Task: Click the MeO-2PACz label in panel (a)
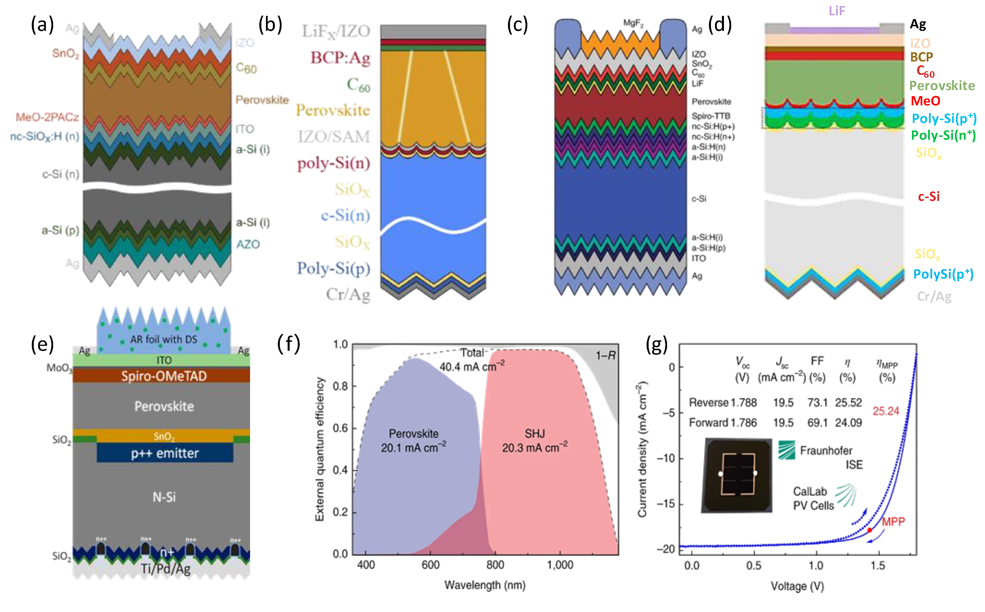(47, 117)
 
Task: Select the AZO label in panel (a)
(248, 245)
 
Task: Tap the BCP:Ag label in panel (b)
(340, 58)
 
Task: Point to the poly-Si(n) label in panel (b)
(334, 163)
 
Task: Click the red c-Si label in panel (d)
(929, 197)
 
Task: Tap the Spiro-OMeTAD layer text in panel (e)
(164, 376)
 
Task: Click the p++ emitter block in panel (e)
(165, 453)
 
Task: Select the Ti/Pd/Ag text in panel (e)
(165, 569)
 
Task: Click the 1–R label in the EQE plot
(605, 356)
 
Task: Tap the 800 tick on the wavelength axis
(495, 565)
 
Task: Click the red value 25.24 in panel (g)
(885, 411)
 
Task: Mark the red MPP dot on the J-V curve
(869, 530)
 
